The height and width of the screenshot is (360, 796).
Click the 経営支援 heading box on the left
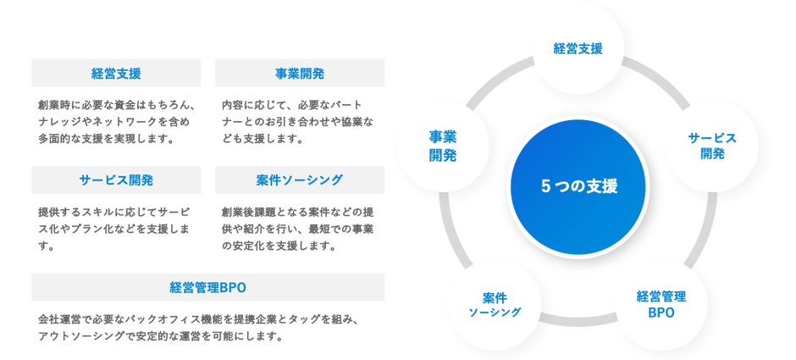tap(116, 73)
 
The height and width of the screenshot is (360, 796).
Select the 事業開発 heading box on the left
tap(300, 73)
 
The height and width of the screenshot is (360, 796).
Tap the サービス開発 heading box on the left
tap(116, 180)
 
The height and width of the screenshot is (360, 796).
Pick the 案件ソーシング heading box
tap(300, 180)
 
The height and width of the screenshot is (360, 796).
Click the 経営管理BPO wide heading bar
tap(207, 287)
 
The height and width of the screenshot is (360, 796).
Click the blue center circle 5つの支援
tap(579, 187)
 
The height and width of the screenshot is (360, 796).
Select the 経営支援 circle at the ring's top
tap(578, 48)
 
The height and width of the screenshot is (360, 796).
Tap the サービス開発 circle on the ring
tap(711, 146)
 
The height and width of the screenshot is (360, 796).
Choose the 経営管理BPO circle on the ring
tap(661, 304)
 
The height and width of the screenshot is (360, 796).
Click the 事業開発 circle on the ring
tap(443, 146)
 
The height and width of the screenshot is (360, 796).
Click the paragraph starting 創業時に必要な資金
tap(117, 121)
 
